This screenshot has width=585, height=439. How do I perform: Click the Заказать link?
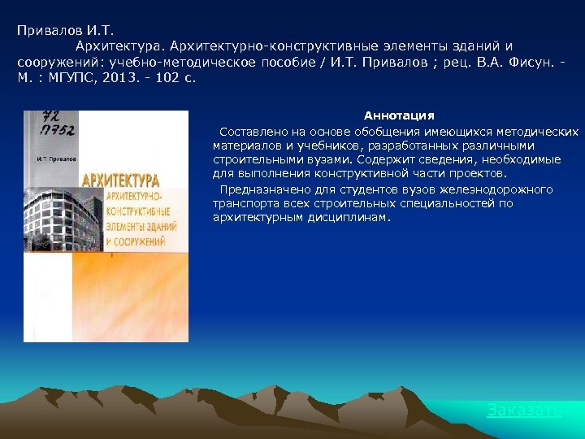click(524, 411)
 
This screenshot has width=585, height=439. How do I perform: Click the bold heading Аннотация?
click(398, 116)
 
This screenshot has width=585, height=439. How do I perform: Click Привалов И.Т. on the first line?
click(58, 29)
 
